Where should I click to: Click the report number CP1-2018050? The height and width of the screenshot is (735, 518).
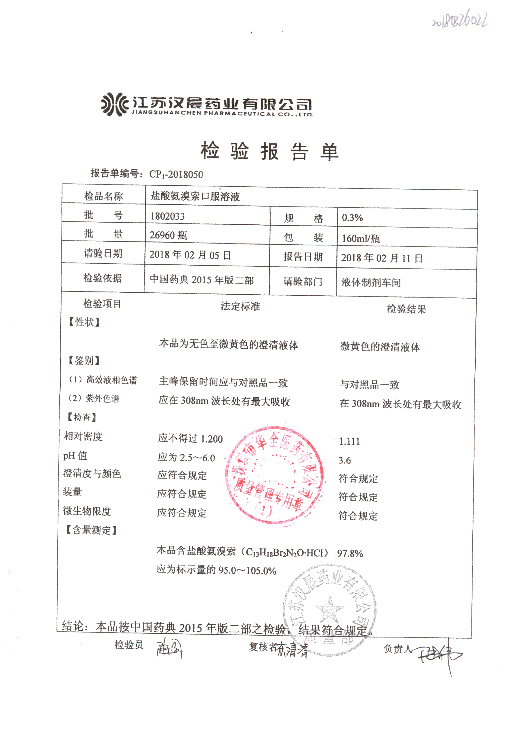(x=176, y=174)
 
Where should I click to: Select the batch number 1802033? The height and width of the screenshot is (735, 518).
(x=167, y=216)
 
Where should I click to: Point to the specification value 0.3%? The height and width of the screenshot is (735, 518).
(x=352, y=218)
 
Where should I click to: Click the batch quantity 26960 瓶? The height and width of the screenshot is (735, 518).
(x=168, y=235)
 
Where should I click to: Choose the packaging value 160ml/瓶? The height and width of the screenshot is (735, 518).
(x=361, y=238)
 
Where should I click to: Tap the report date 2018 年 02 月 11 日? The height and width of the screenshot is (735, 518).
(x=382, y=258)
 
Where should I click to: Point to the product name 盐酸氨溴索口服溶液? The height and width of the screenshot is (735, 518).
(x=195, y=196)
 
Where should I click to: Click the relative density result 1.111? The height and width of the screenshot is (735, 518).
(x=349, y=442)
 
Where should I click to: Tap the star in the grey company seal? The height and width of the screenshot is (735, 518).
(x=329, y=608)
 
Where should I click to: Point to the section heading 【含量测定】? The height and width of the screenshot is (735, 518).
(x=91, y=530)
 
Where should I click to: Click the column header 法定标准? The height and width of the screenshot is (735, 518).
(x=240, y=306)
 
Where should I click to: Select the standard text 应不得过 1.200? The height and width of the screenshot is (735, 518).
(x=190, y=438)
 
